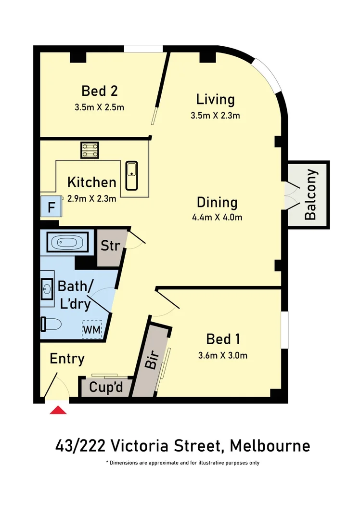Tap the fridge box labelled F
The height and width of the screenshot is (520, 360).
pos(51,208)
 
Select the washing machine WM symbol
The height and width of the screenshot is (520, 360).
pos(91,329)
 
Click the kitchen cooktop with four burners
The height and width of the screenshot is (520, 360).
pos(90,149)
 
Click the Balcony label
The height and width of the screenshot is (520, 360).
pos(311,195)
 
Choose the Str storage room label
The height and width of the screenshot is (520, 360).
pos(110,246)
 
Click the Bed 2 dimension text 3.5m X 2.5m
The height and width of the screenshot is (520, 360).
pos(100,107)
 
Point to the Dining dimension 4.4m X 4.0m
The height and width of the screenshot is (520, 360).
pos(217,217)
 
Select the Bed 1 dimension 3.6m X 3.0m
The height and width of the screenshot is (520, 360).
pos(223,356)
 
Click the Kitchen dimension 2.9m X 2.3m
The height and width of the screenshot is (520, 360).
pos(92,198)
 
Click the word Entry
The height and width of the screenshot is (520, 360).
pos(67,359)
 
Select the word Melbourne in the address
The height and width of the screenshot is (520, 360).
pos(270,445)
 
